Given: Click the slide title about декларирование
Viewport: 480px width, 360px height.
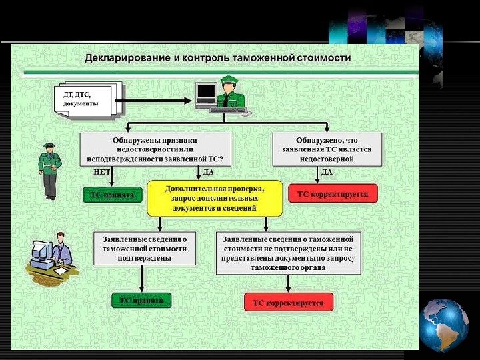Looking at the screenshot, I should click(x=217, y=58).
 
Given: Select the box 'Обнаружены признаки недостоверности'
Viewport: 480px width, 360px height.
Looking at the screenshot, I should click(x=155, y=149).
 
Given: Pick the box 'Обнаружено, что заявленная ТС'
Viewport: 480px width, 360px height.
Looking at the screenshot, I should click(x=327, y=149).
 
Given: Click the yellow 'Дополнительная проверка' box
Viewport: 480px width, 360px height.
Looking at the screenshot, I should click(x=214, y=199).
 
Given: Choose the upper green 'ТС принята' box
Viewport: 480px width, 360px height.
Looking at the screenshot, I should click(x=113, y=195).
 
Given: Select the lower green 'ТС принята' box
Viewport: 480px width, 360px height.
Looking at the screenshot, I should click(x=141, y=301).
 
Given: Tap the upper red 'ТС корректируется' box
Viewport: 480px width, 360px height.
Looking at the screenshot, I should click(x=333, y=194).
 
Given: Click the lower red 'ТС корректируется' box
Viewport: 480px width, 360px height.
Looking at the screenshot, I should click(x=288, y=303).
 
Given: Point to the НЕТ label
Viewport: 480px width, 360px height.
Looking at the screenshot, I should click(x=101, y=172).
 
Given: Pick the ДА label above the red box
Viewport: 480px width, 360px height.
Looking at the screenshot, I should click(x=327, y=172).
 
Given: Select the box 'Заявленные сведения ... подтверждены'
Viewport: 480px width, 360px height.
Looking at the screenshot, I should click(x=145, y=248).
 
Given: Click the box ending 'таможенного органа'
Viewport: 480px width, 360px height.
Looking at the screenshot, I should click(x=288, y=253).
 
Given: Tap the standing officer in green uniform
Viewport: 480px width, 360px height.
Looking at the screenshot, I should click(x=50, y=171).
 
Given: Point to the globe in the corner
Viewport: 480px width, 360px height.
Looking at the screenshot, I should click(x=445, y=325).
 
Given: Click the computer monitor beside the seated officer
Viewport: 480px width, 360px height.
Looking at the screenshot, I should click(x=206, y=93).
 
